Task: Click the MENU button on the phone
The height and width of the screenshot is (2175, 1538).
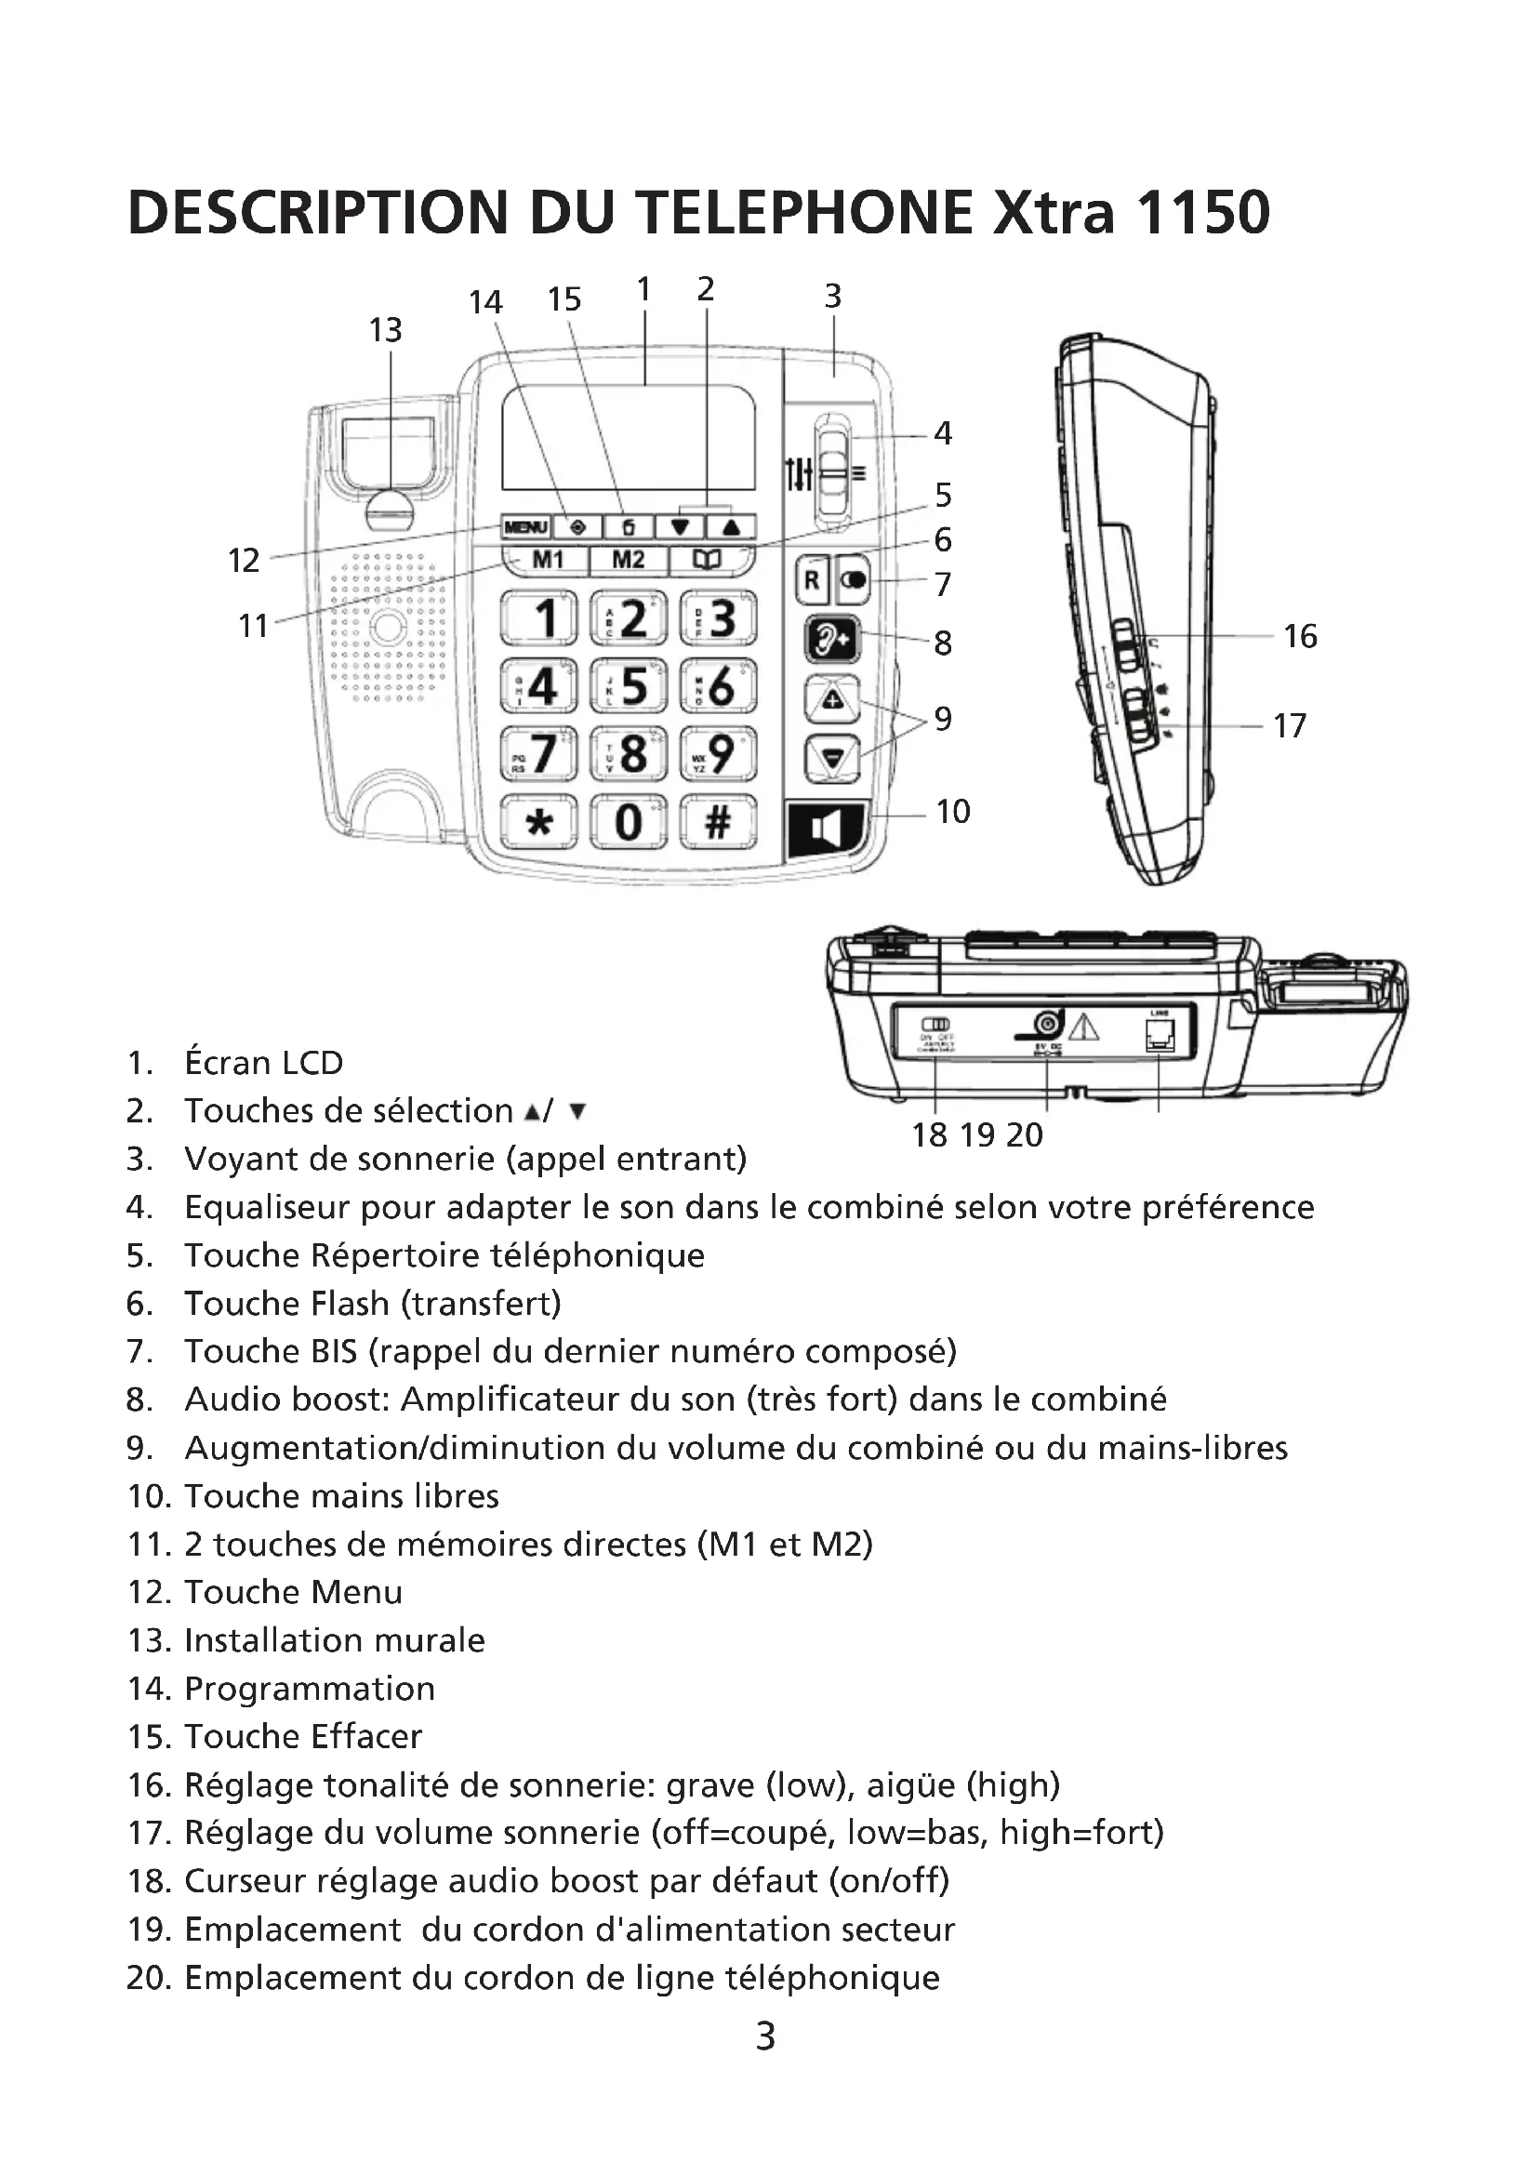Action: (525, 526)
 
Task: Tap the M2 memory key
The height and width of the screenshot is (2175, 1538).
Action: (628, 560)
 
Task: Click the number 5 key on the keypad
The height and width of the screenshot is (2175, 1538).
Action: (628, 686)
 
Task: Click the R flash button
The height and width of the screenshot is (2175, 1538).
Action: (812, 579)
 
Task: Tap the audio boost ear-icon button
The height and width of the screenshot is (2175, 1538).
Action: (831, 641)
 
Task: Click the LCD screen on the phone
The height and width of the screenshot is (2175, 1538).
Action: (628, 438)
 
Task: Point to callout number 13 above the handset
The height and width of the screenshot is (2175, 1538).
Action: (386, 331)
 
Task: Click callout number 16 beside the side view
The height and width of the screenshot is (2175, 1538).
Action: (1299, 637)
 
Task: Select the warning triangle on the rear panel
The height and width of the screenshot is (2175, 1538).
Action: (1083, 1026)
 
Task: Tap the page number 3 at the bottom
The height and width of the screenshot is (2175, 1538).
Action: (765, 2036)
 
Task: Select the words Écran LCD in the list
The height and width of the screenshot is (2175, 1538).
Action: (263, 1063)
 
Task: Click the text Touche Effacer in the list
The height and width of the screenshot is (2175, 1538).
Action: (303, 1736)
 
